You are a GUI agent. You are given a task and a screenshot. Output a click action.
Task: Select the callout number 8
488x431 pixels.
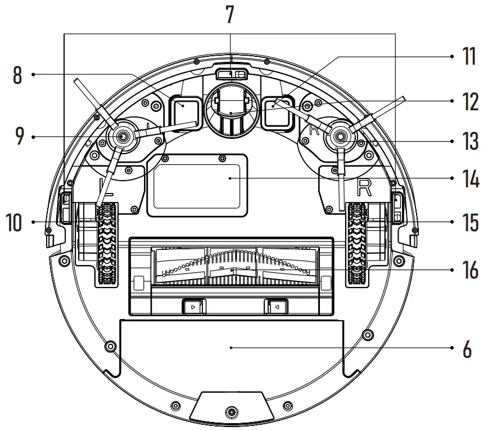[17, 74]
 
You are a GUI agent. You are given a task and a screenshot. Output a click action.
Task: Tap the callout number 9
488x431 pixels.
[20, 137]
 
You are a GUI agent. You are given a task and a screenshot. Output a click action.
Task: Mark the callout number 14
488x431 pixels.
[469, 178]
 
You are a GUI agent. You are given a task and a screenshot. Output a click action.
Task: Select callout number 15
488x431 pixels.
[469, 222]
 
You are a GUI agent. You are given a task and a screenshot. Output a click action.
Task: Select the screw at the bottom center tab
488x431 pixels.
[229, 414]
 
